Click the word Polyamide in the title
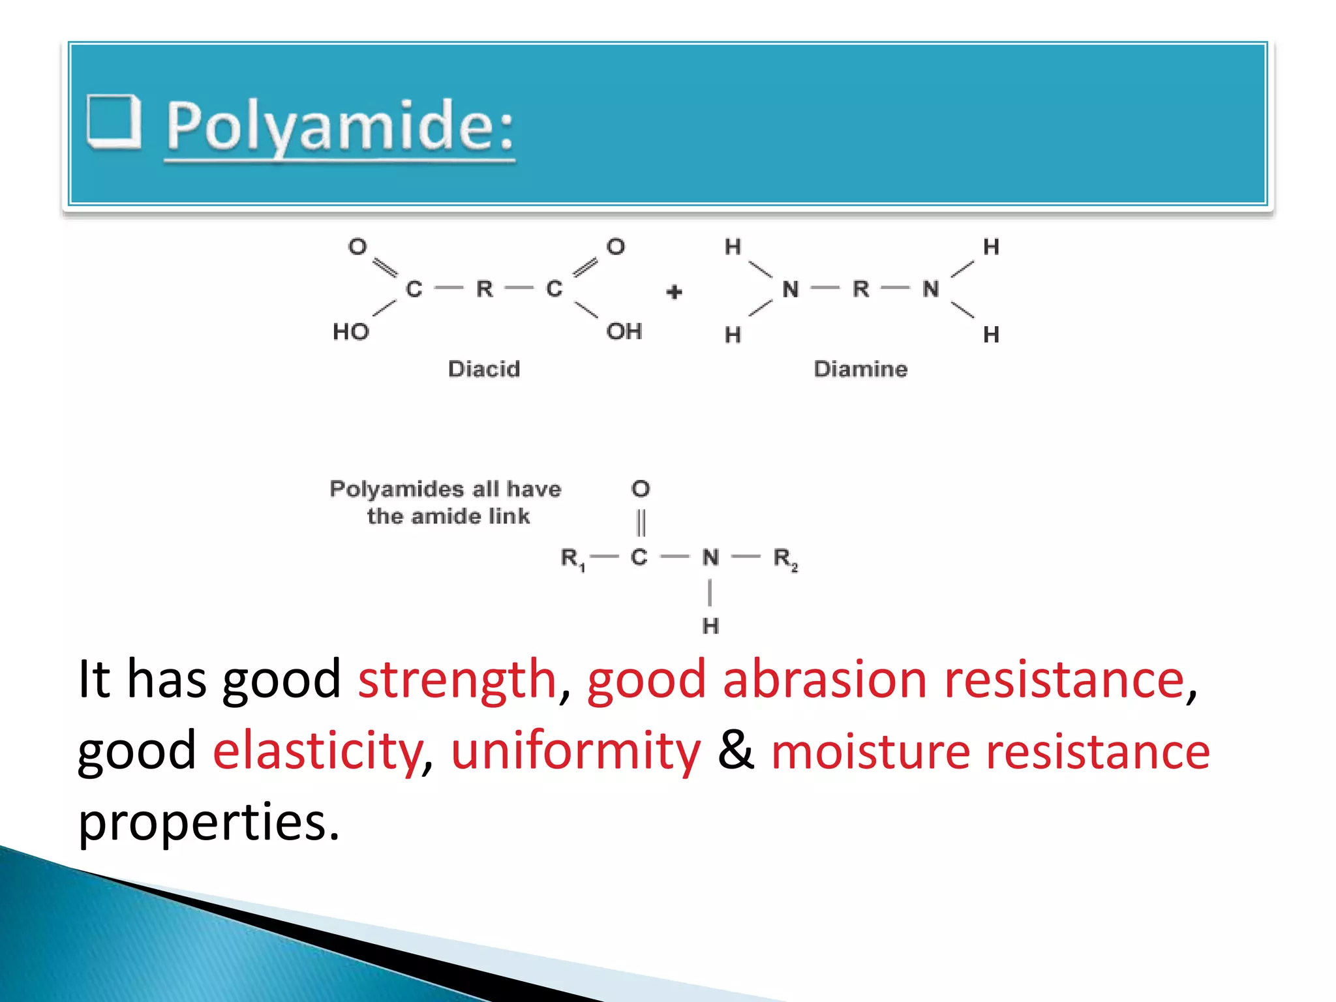[339, 125]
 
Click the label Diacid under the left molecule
[484, 369]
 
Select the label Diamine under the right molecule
[860, 369]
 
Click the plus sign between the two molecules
[675, 292]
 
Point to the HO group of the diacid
[351, 332]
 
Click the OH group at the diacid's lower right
[624, 331]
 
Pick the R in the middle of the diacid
[484, 289]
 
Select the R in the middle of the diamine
[860, 289]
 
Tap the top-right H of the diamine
[991, 247]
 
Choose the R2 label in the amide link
[785, 558]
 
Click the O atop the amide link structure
[641, 489]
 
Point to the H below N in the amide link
[710, 626]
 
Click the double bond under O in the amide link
[641, 523]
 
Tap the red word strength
[457, 680]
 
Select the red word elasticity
[318, 751]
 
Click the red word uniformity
[575, 751]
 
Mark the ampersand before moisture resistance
[736, 750]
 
